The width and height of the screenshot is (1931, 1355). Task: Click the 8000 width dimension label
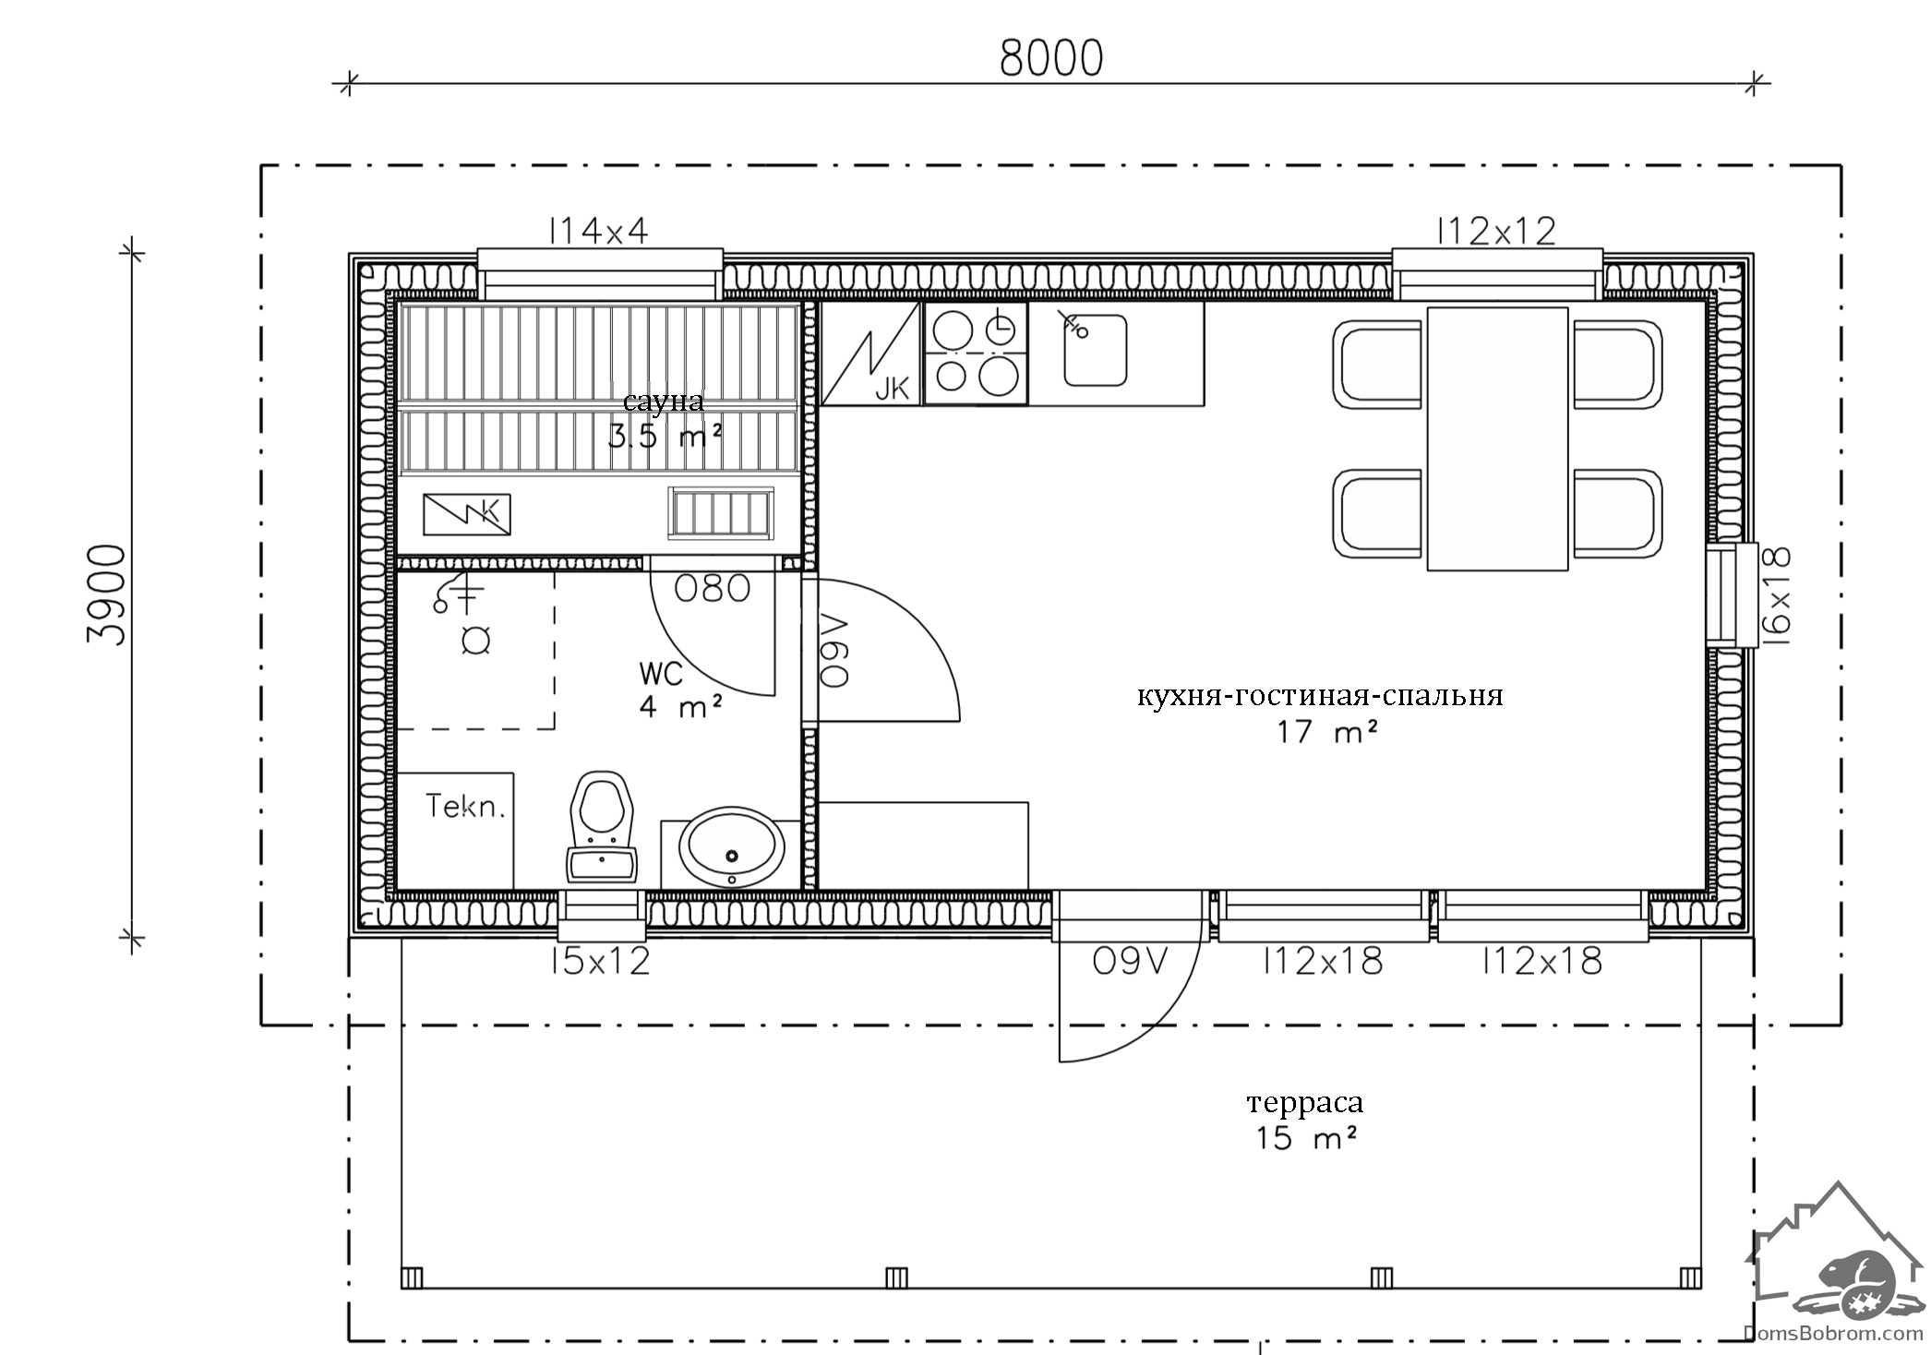[x=1051, y=58]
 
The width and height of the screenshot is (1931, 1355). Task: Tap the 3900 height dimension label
[x=107, y=595]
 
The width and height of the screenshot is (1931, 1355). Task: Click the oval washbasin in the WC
[x=732, y=847]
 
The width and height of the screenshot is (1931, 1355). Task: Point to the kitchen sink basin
[x=1096, y=350]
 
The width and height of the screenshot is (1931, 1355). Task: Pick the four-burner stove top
[x=976, y=354]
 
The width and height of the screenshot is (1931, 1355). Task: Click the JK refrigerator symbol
[x=870, y=354]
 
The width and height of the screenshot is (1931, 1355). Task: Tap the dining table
[x=1497, y=438]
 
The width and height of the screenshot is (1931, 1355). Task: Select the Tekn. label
[x=466, y=807]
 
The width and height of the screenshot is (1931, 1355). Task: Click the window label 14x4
[x=599, y=231]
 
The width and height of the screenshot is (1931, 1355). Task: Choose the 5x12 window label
[x=599, y=962]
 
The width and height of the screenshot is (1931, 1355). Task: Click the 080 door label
[x=712, y=588]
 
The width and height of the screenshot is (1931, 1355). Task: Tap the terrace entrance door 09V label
[x=1130, y=962]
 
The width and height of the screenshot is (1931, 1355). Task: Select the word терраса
[x=1304, y=1103]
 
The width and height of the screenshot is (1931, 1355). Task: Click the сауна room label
[x=663, y=402]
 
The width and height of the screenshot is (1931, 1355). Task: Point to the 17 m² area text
[x=1327, y=732]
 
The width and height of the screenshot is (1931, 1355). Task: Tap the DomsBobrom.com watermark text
[x=1832, y=1332]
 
